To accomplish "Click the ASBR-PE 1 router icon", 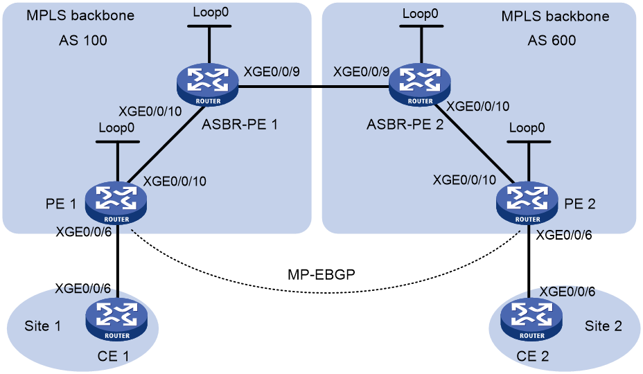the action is [x=208, y=85].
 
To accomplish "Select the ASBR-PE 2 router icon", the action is [x=420, y=85].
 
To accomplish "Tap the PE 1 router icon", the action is [x=116, y=203].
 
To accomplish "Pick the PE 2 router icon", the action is [x=527, y=203].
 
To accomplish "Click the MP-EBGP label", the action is [x=321, y=274].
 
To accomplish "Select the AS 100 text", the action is [x=83, y=40].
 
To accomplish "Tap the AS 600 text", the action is [x=552, y=40].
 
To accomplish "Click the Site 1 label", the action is [x=43, y=326].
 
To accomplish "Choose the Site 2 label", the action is [x=604, y=326].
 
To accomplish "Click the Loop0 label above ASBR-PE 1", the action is [x=211, y=12].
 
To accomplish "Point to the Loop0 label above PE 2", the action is [x=527, y=128].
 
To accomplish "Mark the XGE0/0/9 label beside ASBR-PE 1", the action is [x=272, y=72].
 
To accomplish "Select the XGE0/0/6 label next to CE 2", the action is [x=567, y=292].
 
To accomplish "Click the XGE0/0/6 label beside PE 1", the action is [x=84, y=232].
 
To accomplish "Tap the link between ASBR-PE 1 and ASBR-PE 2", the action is [x=314, y=87].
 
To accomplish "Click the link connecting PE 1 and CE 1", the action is [x=118, y=261].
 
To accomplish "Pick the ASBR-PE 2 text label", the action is [x=405, y=124].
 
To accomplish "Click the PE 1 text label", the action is [x=61, y=204].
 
